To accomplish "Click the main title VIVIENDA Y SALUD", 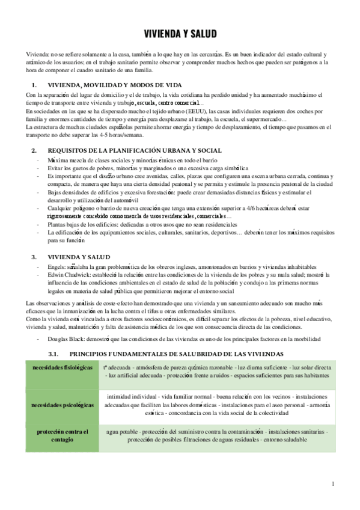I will coord(180,34).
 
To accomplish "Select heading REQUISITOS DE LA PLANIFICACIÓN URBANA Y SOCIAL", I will coord(135,150).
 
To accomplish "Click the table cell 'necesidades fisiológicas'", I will coord(63,367).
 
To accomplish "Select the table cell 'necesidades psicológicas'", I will coord(63,405).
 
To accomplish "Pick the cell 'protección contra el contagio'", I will coord(63,436).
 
